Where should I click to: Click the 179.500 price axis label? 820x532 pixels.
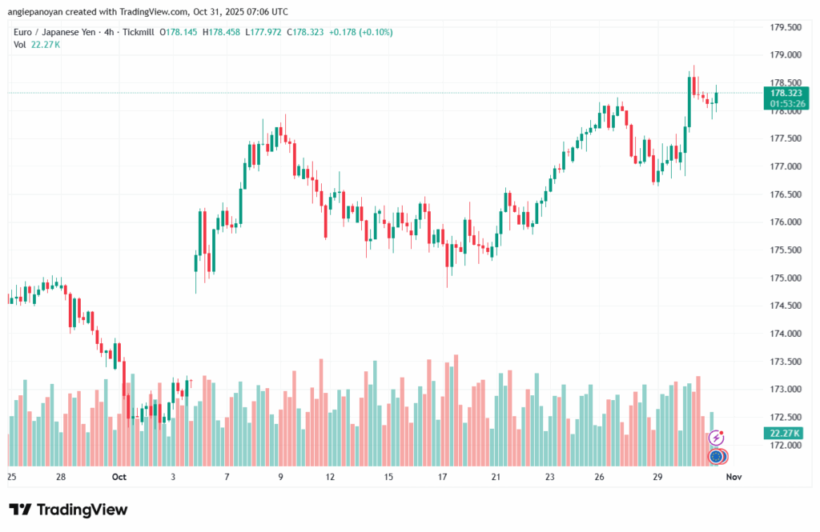point(786,27)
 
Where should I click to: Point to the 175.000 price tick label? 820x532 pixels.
point(786,278)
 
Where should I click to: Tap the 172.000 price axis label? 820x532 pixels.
point(786,445)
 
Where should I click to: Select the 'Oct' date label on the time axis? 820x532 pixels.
point(119,477)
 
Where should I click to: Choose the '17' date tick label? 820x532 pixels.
point(443,477)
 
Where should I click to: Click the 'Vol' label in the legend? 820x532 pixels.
point(20,44)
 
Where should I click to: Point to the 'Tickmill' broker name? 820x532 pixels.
point(139,32)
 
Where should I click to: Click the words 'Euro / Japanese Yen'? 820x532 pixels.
point(57,32)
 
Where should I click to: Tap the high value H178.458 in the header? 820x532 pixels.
point(222,32)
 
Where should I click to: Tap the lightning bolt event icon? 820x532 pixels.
point(717,438)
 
